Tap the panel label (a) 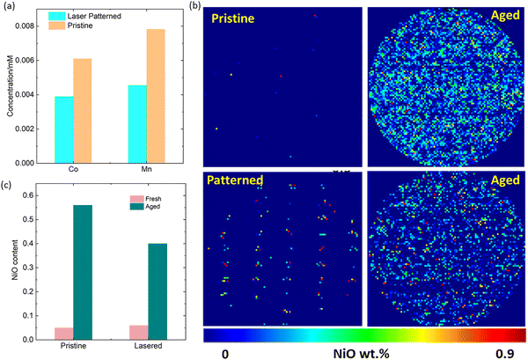click(7, 9)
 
